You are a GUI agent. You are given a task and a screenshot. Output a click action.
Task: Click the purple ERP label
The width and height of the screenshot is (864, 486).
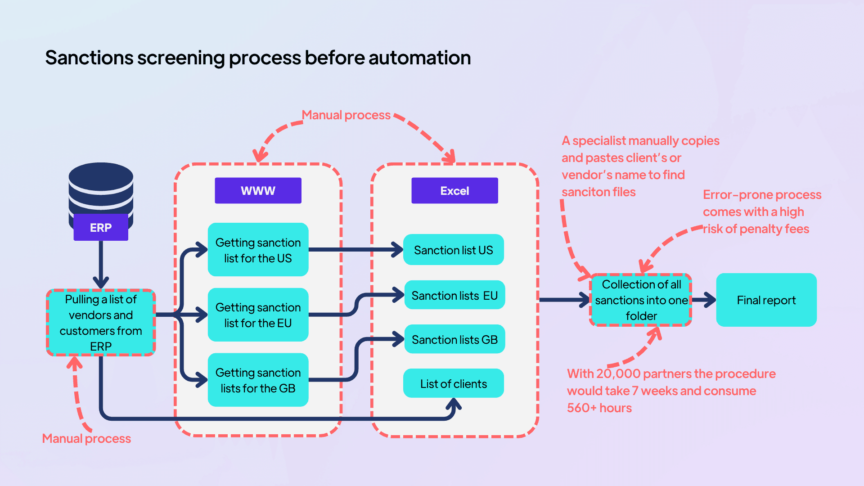click(101, 228)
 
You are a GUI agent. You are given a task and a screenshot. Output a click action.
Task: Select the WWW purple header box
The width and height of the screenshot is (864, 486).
click(258, 191)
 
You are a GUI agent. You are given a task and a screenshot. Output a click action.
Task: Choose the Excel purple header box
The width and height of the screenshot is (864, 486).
click(454, 191)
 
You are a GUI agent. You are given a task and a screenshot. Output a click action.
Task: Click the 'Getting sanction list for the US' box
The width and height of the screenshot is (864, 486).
click(258, 250)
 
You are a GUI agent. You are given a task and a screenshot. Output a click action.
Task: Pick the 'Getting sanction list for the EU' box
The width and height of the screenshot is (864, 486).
click(258, 315)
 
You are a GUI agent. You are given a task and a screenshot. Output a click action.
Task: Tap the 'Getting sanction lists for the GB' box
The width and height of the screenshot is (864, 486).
click(258, 380)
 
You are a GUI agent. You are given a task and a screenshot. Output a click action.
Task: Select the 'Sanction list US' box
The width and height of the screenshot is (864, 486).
click(453, 250)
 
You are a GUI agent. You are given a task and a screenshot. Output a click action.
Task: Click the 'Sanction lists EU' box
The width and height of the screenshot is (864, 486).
click(454, 296)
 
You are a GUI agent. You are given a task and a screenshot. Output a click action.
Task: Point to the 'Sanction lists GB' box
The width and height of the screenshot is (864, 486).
click(454, 340)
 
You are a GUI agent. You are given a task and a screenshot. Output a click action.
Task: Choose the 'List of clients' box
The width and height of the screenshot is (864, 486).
click(453, 384)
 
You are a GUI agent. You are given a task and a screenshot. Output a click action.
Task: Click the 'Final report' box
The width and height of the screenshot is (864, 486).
click(766, 300)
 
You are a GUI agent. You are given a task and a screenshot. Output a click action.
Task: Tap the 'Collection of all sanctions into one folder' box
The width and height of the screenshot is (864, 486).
click(641, 300)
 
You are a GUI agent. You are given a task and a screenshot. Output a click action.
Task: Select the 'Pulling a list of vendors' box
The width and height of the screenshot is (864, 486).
click(101, 323)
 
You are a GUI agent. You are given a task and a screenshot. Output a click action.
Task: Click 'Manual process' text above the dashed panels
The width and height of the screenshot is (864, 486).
click(346, 115)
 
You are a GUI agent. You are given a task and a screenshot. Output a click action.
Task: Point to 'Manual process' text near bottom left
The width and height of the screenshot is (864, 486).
click(86, 439)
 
